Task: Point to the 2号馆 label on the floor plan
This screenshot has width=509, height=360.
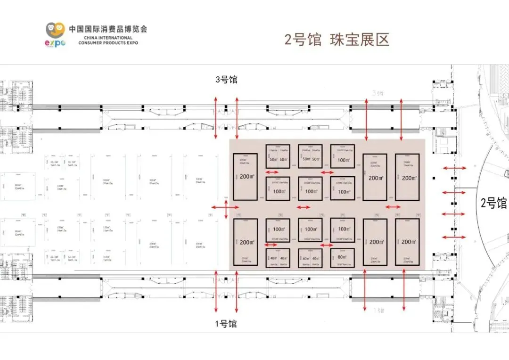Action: click(493, 204)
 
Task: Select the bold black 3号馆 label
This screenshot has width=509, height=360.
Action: click(226, 80)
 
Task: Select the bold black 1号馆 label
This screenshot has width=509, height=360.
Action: click(226, 324)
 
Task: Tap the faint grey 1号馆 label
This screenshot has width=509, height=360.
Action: click(379, 311)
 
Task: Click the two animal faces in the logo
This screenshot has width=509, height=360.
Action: click(55, 30)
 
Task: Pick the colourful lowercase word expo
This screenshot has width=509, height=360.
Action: click(55, 42)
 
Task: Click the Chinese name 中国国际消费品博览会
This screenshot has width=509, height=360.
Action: click(108, 29)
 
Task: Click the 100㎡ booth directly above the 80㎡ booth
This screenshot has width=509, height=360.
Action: click(343, 229)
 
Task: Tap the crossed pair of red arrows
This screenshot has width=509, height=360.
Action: click(226, 207)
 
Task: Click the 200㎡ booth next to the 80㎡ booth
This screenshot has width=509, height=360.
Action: click(375, 242)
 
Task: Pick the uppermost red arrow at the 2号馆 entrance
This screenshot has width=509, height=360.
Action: click(454, 168)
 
